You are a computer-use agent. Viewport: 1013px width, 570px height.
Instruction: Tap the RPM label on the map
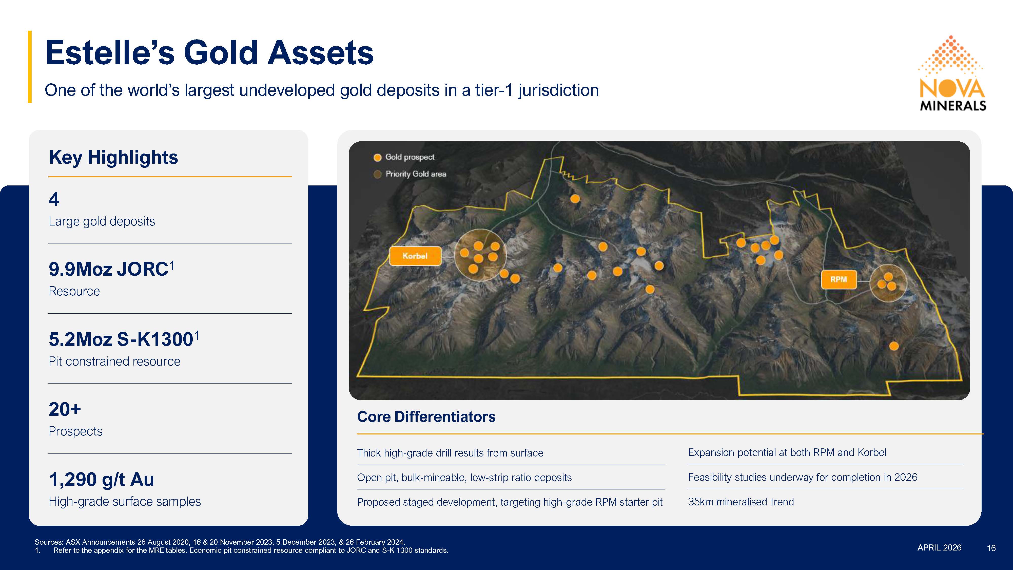point(839,279)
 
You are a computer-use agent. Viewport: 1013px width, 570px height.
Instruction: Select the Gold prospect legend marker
point(378,157)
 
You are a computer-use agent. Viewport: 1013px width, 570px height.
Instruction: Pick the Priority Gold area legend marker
point(378,174)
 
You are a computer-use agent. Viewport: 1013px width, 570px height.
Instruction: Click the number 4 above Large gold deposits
point(54,199)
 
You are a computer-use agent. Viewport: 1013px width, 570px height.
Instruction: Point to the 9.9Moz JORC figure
point(112,269)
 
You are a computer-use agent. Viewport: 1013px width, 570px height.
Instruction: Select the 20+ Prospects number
point(65,409)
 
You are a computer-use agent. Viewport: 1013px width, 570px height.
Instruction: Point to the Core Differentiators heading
point(426,416)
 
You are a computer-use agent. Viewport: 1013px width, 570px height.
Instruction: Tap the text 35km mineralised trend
point(741,502)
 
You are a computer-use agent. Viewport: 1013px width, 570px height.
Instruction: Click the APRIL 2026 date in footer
point(940,547)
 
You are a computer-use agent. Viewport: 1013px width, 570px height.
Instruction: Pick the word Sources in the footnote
point(49,542)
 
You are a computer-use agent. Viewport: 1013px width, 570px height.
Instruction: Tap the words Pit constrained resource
point(114,362)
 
